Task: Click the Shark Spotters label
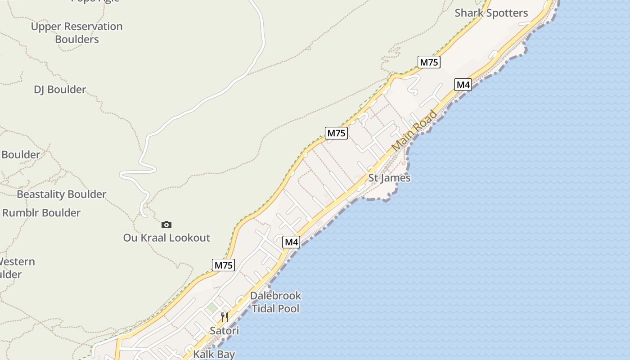pos(491,13)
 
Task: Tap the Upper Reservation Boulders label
pos(76,33)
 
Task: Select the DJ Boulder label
pos(60,90)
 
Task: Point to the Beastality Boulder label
pos(62,194)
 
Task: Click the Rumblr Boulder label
pos(41,213)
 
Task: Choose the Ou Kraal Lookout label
pos(166,238)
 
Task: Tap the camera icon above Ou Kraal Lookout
pos(166,225)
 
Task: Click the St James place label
pos(389,178)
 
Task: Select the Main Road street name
pos(414,130)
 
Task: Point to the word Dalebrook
pos(275,296)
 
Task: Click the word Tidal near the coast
pos(263,309)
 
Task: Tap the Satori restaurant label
pos(224,331)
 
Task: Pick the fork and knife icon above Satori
pos(224,317)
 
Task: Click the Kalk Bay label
pos(214,354)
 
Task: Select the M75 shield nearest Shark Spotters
pos(428,62)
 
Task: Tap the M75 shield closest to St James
pos(336,133)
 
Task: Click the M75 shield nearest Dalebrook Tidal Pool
pos(223,265)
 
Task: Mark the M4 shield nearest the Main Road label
pos(463,85)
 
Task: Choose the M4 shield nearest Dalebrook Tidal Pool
pos(291,242)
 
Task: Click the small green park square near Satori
pos(211,307)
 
